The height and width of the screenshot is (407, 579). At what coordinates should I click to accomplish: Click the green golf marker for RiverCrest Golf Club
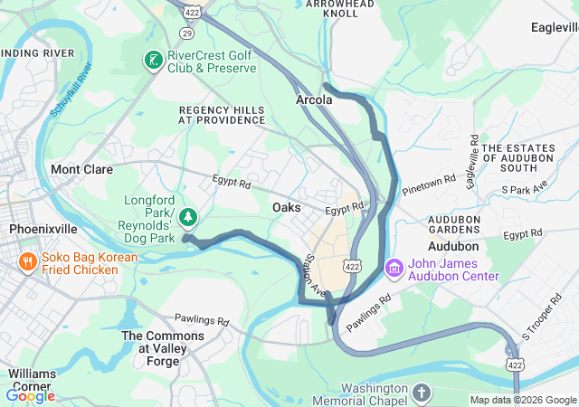[x=154, y=61]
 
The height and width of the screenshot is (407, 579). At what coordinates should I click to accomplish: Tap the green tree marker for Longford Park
[x=187, y=216]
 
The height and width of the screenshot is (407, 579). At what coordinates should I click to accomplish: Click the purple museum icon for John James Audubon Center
[x=394, y=269]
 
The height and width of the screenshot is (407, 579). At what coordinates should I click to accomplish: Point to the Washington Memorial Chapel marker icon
[x=422, y=393]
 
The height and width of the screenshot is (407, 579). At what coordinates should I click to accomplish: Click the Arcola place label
[x=314, y=100]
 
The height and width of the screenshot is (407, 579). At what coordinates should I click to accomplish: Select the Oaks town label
[x=286, y=207]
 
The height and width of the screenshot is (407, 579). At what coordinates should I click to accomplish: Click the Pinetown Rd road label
[x=429, y=184]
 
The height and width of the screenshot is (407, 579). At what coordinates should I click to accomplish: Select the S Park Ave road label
[x=525, y=190]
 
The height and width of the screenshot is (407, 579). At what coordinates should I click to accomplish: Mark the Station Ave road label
[x=315, y=278]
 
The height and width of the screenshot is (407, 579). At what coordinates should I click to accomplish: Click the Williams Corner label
[x=33, y=379]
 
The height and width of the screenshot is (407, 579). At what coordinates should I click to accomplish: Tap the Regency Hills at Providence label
[x=222, y=114]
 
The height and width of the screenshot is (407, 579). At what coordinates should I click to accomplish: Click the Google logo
[x=30, y=395]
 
